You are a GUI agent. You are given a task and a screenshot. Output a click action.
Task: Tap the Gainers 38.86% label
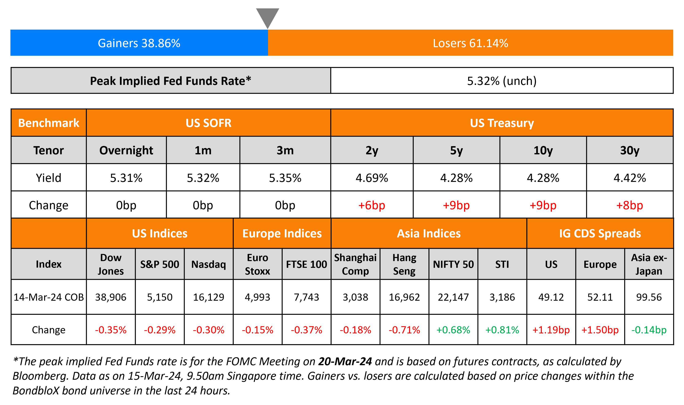(x=139, y=43)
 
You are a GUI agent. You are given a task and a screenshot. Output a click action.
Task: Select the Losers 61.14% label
(x=470, y=43)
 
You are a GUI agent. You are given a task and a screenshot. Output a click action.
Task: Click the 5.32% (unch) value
(x=502, y=81)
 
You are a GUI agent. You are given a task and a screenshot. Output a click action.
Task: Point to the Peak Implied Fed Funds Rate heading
(x=170, y=81)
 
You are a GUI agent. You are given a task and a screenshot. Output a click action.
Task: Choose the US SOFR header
(x=208, y=123)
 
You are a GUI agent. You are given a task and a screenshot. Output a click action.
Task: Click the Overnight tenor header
(x=126, y=150)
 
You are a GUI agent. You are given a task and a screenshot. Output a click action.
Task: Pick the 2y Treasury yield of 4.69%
(x=372, y=178)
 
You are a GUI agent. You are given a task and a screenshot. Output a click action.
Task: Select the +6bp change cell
(x=372, y=205)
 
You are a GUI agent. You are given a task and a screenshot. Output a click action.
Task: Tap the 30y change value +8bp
(x=629, y=205)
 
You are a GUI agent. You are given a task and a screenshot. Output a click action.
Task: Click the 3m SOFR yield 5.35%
(x=285, y=178)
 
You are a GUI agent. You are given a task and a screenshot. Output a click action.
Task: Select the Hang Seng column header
(x=404, y=264)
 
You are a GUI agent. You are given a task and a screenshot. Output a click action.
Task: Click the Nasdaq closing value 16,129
(x=208, y=297)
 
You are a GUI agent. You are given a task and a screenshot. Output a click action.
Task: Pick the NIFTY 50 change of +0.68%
(x=453, y=330)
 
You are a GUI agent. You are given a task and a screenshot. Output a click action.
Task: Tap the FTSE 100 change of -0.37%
(x=306, y=330)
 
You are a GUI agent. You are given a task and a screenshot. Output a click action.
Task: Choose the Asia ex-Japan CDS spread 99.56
(x=649, y=297)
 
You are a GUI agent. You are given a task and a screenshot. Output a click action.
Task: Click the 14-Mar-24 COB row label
(x=49, y=297)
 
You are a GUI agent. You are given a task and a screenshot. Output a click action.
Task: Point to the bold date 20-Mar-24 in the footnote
(x=345, y=361)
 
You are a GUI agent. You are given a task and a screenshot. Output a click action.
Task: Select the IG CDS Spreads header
(x=600, y=233)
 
